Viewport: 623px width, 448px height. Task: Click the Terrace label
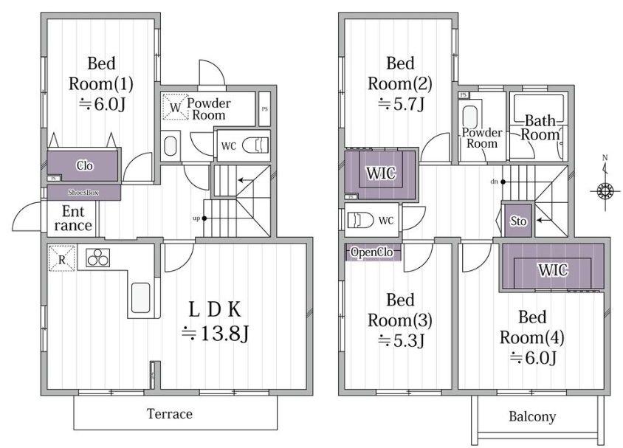pos(170,414)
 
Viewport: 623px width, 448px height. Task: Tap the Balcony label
pos(532,416)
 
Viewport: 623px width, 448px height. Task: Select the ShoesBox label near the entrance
pos(83,193)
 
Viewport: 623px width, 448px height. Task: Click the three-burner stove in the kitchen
pos(98,258)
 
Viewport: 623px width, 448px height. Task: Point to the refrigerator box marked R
pos(61,258)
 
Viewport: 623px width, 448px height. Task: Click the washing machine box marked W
pos(175,106)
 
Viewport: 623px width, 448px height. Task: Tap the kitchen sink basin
pos(141,297)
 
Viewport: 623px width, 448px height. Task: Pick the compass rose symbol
pos(605,190)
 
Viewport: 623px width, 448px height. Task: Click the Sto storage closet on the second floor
pos(518,221)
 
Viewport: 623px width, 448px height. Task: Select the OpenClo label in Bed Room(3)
pos(372,252)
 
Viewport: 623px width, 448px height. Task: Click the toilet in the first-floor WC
pos(255,145)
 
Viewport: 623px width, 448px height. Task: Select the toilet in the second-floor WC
pos(361,220)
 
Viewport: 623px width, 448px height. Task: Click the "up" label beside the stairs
pos(196,218)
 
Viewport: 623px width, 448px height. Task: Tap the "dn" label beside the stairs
pos(494,182)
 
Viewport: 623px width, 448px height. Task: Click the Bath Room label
pos(540,128)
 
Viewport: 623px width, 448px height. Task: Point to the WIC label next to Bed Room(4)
pos(553,270)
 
